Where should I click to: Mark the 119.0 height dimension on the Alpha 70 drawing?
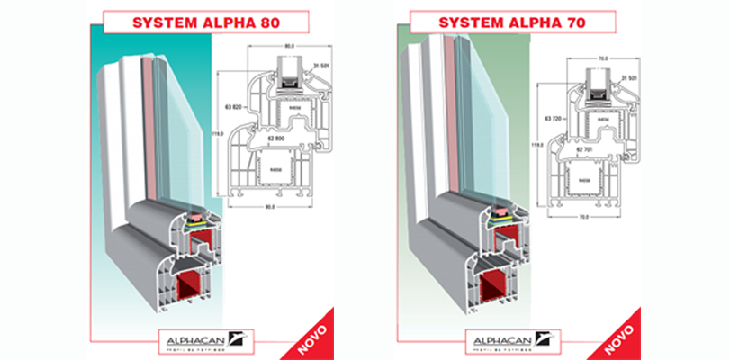pyautogui.click(x=536, y=144)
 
